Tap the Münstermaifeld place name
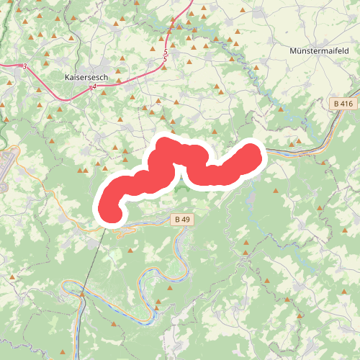(x=318, y=52)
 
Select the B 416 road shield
(x=344, y=104)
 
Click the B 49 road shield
(x=181, y=218)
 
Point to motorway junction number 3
(x=24, y=66)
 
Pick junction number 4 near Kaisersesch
(x=94, y=86)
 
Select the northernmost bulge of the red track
(x=166, y=143)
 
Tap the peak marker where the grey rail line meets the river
(x=82, y=294)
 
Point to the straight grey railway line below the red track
(x=92, y=259)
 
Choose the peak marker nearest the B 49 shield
(x=193, y=205)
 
